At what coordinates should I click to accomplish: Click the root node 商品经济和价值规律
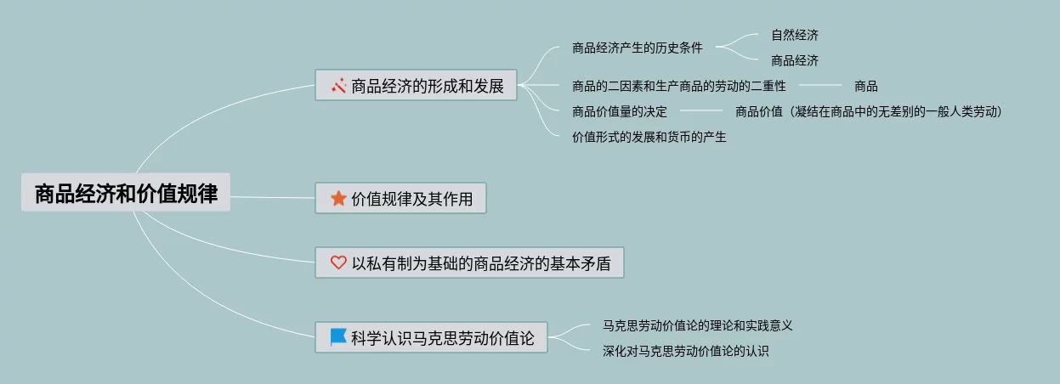[x=126, y=193]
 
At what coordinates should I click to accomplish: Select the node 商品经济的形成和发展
[x=416, y=85]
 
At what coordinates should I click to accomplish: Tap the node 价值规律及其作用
[x=400, y=199]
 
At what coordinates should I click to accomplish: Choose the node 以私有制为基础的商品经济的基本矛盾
[x=469, y=263]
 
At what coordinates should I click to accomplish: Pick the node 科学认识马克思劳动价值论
[x=432, y=337]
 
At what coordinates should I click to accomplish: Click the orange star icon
[x=338, y=199]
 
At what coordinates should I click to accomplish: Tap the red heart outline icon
[x=338, y=263]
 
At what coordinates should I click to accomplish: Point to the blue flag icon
[x=338, y=337]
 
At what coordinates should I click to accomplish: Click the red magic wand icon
[x=338, y=85]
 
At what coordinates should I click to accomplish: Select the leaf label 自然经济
[x=795, y=35]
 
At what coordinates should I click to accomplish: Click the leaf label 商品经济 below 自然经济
[x=795, y=60]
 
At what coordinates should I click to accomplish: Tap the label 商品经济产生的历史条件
[x=638, y=48]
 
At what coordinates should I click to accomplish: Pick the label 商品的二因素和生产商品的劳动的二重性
[x=679, y=86]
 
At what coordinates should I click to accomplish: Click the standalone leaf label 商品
[x=866, y=86]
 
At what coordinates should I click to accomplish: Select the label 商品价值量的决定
[x=620, y=111]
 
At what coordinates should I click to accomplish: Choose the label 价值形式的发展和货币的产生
[x=649, y=137]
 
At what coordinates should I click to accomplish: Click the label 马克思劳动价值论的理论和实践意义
[x=697, y=325]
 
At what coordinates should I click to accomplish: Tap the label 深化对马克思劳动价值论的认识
[x=685, y=351]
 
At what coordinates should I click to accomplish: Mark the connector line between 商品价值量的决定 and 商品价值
[x=701, y=111]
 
